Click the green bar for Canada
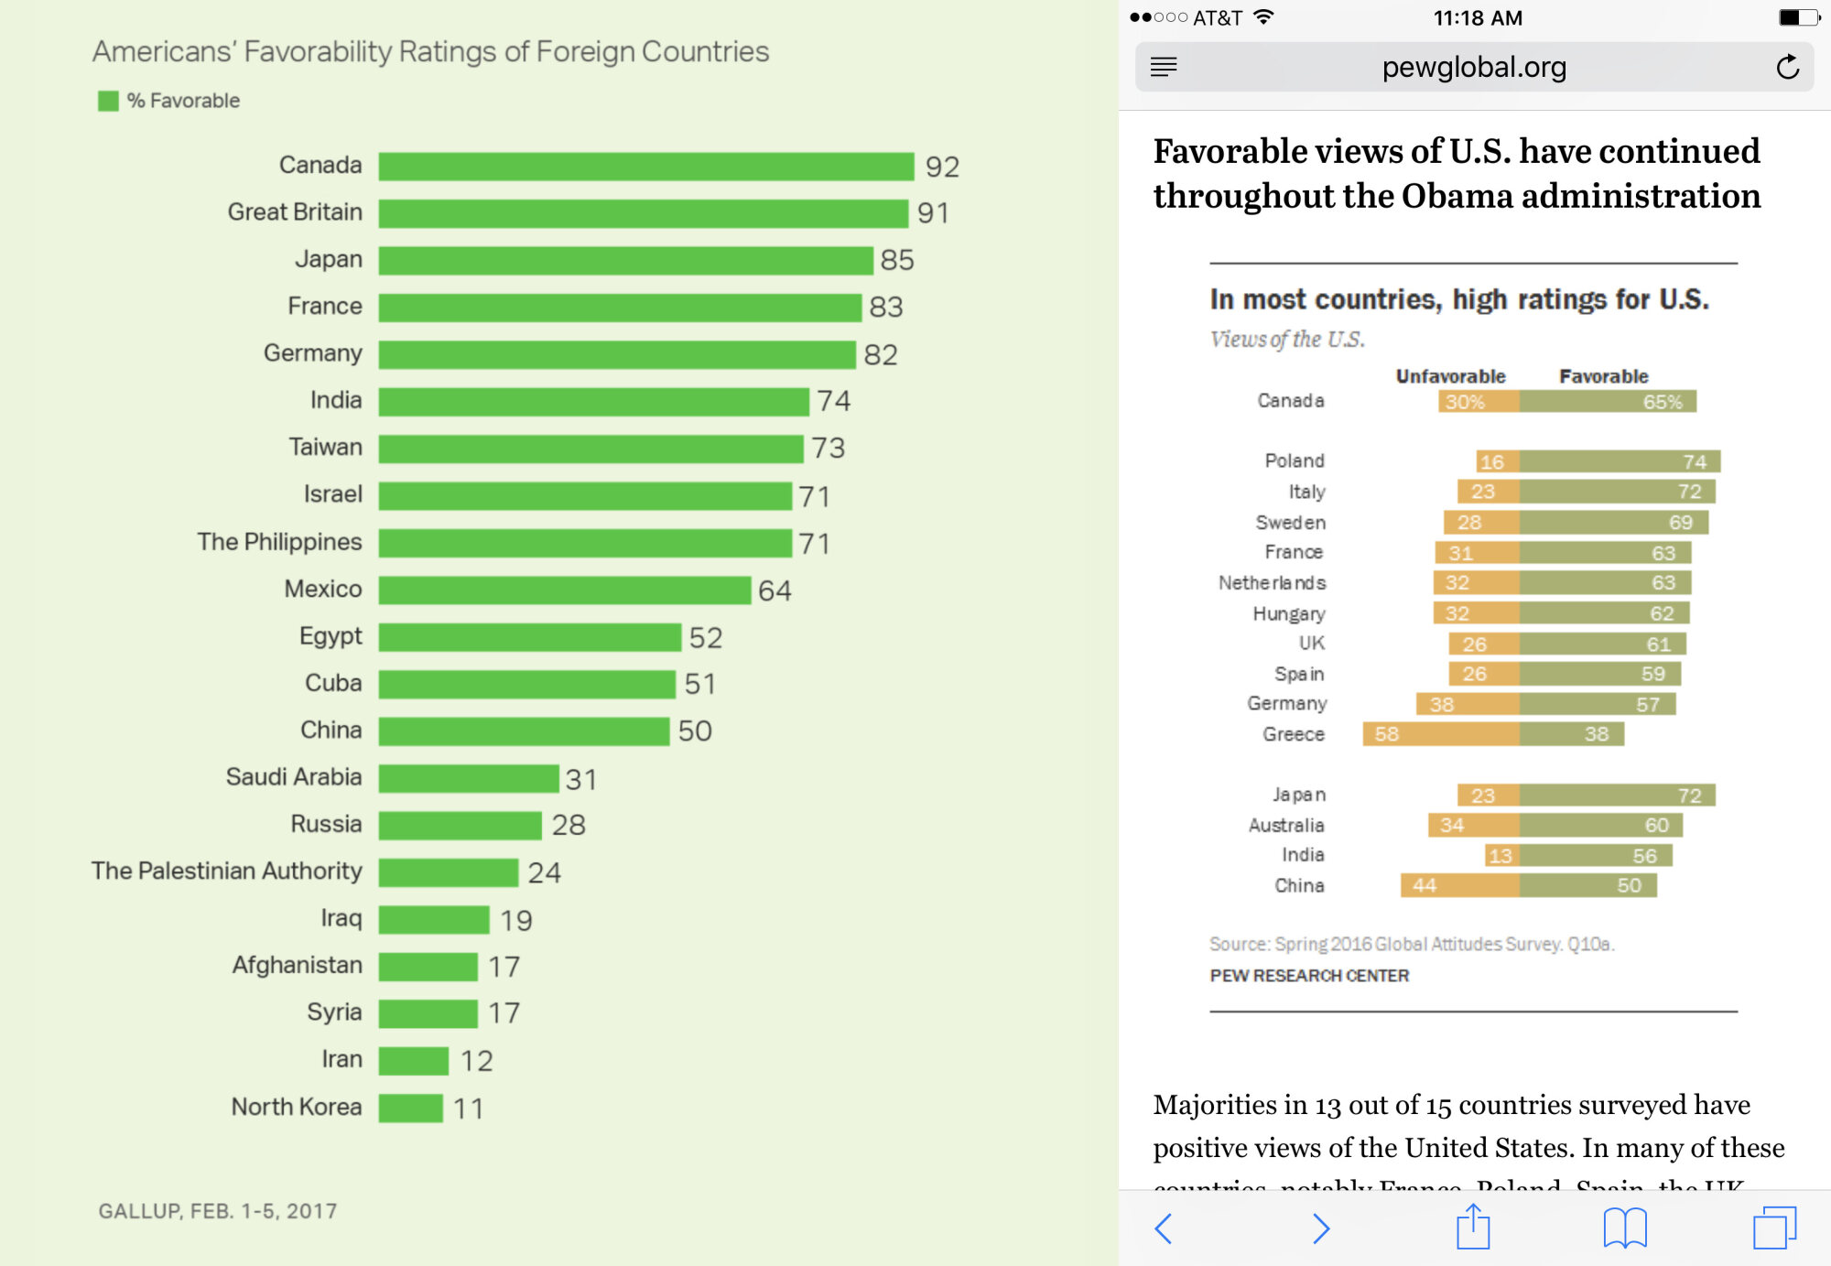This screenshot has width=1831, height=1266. click(x=645, y=167)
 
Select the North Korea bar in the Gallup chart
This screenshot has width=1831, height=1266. click(x=411, y=1108)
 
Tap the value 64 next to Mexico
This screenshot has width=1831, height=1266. click(x=775, y=590)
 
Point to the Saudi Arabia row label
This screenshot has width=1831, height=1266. click(x=294, y=777)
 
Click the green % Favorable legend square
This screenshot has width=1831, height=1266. click(x=108, y=101)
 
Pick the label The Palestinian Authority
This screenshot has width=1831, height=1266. click(x=226, y=871)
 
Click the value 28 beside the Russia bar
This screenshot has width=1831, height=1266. click(x=569, y=825)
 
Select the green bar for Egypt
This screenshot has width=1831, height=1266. click(x=529, y=637)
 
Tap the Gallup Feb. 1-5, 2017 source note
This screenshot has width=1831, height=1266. click(x=218, y=1211)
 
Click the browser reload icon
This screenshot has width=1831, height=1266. click(x=1787, y=67)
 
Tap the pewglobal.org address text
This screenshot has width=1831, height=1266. click(x=1474, y=67)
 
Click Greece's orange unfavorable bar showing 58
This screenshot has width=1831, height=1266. click(x=1440, y=734)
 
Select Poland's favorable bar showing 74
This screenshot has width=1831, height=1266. click(x=1620, y=461)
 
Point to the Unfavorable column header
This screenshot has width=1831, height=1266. click(x=1450, y=376)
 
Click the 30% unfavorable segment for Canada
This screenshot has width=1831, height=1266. click(x=1478, y=402)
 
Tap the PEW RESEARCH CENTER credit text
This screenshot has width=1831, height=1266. click(x=1309, y=976)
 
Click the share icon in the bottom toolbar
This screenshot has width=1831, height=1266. click(x=1473, y=1228)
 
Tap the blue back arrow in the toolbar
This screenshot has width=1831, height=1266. click(x=1164, y=1228)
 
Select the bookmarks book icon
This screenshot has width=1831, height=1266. click(x=1625, y=1228)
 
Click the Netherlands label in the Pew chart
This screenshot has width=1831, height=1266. click(x=1272, y=583)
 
